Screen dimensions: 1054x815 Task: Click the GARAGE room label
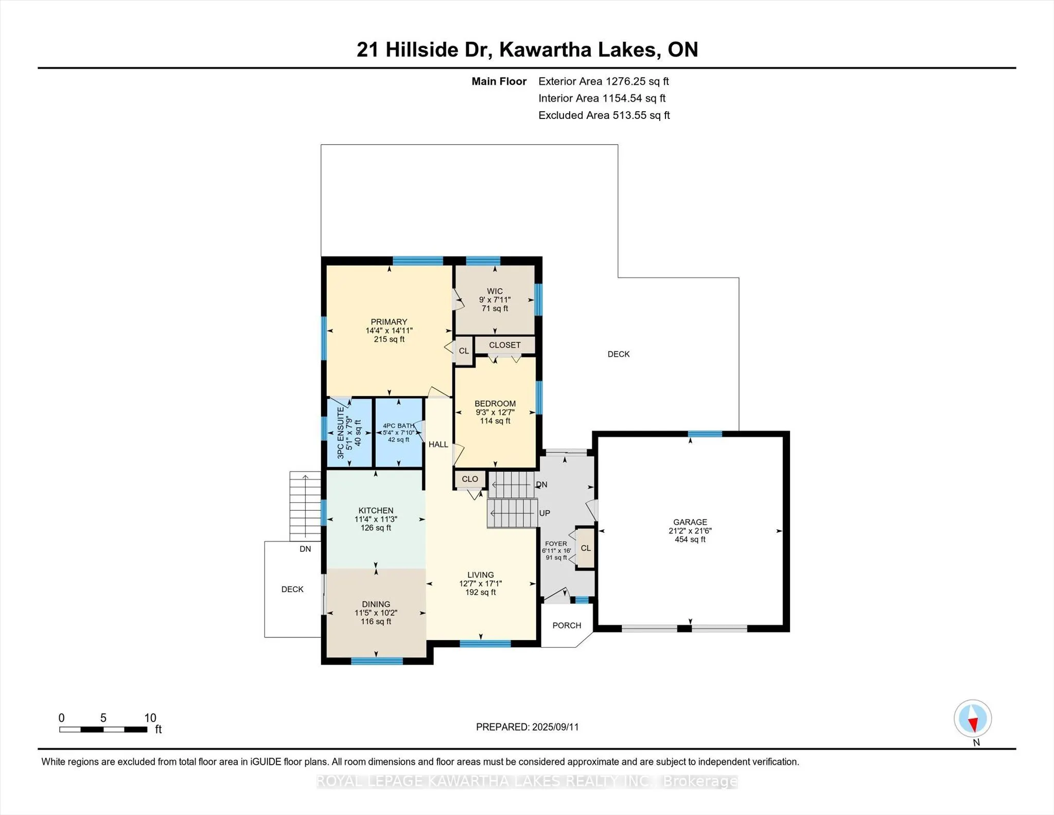[690, 522]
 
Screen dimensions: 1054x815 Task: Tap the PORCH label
[567, 626]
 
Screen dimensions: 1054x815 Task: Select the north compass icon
[973, 718]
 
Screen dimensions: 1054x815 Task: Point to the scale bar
[103, 730]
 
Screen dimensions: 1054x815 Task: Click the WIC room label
[495, 291]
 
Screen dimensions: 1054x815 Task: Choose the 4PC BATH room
[399, 432]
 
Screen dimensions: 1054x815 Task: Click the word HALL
[438, 444]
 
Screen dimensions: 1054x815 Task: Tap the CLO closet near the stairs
[470, 479]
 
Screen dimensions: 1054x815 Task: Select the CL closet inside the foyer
[586, 548]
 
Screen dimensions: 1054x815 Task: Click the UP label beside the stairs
[544, 513]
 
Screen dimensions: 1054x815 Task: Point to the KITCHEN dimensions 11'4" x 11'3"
[376, 519]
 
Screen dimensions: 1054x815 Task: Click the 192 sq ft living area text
[481, 593]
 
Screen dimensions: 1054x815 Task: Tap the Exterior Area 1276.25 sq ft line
[604, 81]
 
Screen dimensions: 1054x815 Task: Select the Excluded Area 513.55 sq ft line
[604, 115]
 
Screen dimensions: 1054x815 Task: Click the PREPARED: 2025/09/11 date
[528, 727]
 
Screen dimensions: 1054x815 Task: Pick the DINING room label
[376, 604]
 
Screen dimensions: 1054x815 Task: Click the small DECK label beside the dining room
[292, 589]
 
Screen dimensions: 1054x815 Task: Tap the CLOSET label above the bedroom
[505, 345]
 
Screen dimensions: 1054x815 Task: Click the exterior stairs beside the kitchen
[305, 506]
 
